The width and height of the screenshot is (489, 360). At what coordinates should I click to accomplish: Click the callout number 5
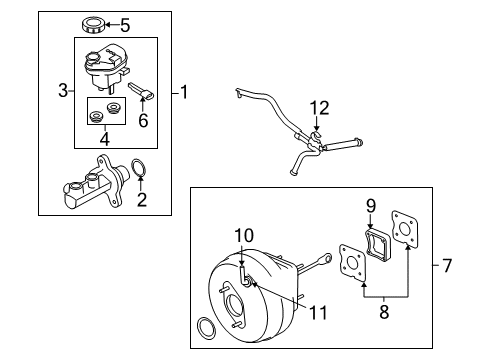(125, 25)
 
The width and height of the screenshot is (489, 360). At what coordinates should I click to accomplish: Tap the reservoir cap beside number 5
(93, 25)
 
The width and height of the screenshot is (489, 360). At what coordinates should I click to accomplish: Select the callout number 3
(63, 90)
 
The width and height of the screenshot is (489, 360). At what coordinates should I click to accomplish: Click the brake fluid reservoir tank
(106, 67)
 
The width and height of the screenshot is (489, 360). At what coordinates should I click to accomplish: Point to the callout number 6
(143, 120)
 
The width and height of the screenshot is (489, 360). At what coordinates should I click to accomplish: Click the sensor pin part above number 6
(141, 91)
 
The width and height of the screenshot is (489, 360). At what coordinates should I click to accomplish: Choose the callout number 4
(105, 139)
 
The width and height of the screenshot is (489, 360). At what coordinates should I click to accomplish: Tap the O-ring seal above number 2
(139, 168)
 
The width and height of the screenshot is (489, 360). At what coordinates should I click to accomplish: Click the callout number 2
(142, 199)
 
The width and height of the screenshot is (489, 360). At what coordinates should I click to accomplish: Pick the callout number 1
(184, 92)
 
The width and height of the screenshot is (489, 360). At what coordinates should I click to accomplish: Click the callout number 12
(319, 108)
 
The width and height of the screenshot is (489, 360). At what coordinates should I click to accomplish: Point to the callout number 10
(244, 235)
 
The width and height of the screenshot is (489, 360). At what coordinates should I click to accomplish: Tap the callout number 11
(318, 313)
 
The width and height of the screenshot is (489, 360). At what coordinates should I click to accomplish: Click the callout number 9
(371, 206)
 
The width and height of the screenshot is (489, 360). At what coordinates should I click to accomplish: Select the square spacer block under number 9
(379, 243)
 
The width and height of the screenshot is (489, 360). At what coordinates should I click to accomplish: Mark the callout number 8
(384, 312)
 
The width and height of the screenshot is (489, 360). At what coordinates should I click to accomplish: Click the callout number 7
(447, 266)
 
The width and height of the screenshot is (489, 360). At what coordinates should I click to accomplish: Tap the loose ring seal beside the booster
(207, 328)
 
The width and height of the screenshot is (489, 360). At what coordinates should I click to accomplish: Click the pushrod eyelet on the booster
(327, 258)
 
